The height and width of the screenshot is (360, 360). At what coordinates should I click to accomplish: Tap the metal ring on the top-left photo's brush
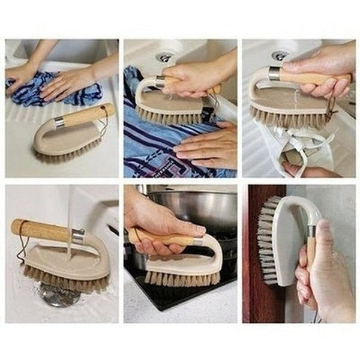coord(59,124)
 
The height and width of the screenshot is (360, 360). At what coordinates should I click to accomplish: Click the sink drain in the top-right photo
coord(279,55)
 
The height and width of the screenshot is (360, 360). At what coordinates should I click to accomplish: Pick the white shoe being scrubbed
coord(300,150)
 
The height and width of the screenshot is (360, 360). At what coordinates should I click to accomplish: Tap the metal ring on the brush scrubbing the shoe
coord(274,74)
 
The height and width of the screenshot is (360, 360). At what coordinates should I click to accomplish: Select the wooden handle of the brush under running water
coord(40,230)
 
